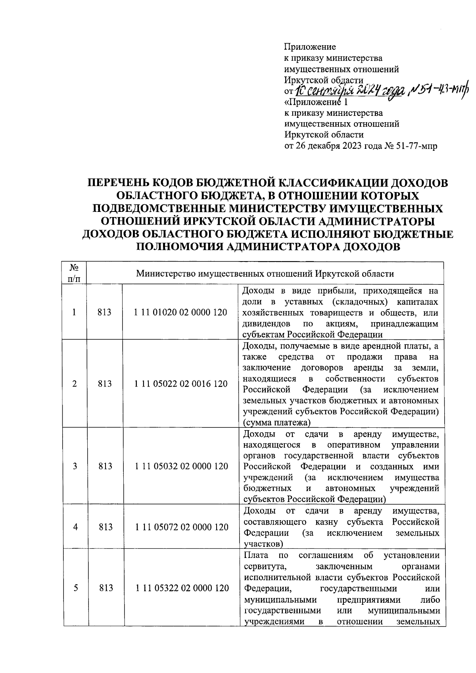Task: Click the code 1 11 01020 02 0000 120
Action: click(x=181, y=312)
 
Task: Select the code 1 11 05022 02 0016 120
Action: click(x=181, y=384)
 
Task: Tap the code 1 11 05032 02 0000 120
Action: click(x=181, y=466)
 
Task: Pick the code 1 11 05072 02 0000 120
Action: click(x=181, y=527)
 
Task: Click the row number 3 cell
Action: click(x=75, y=466)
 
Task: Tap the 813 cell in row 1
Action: click(x=105, y=312)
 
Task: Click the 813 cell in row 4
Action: click(x=105, y=527)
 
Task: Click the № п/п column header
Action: click(x=74, y=273)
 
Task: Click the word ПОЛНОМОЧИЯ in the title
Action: click(x=180, y=247)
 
